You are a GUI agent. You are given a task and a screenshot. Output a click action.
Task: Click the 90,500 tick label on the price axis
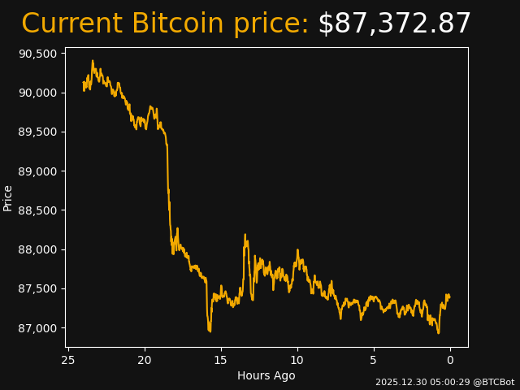(x=38, y=54)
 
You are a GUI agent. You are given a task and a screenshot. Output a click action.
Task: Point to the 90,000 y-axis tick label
(x=38, y=93)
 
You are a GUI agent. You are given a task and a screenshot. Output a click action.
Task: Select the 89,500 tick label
(x=38, y=132)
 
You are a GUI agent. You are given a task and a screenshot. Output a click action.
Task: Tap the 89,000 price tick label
(x=38, y=171)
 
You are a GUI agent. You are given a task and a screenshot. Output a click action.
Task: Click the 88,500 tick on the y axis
(x=38, y=210)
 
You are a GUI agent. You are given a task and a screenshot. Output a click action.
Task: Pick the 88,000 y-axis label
(x=38, y=249)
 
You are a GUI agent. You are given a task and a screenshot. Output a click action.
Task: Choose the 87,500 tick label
(x=38, y=288)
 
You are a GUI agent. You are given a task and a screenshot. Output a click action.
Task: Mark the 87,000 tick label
(x=38, y=328)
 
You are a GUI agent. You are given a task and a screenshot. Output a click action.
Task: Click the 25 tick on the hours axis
(x=68, y=360)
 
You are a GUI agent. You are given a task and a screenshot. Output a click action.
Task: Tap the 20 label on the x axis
(x=145, y=360)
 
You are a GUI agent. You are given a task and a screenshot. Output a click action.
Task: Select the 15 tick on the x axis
(x=221, y=360)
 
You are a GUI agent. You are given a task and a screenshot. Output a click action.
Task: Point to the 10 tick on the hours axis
(x=297, y=360)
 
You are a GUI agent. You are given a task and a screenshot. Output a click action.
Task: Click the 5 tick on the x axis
(x=374, y=360)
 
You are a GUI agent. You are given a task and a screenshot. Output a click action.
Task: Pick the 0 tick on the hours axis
(x=450, y=360)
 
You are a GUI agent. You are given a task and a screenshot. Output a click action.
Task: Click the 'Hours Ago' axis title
(x=266, y=375)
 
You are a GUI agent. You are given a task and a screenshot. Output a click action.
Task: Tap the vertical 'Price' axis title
(x=8, y=197)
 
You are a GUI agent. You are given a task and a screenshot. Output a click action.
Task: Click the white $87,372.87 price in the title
(x=394, y=24)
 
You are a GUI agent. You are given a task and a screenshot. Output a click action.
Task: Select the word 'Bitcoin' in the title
(x=177, y=24)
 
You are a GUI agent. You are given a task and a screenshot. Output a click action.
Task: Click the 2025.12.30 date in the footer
(x=400, y=382)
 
